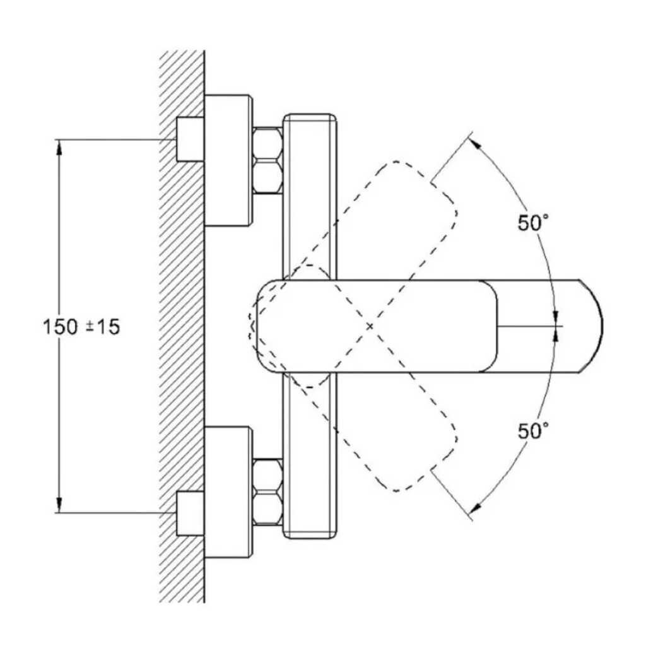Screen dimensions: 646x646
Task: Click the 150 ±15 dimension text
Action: [81, 327]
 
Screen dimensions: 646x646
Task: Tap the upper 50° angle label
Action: [533, 223]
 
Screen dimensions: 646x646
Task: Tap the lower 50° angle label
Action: [533, 432]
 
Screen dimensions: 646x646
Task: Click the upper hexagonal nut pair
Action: [267, 160]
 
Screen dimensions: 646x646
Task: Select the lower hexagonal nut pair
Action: [267, 492]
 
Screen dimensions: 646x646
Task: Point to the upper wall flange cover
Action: [228, 161]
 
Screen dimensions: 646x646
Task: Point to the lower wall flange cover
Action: [228, 492]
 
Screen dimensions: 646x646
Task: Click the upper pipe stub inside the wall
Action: [191, 139]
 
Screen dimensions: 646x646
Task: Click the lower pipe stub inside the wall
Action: [191, 514]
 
